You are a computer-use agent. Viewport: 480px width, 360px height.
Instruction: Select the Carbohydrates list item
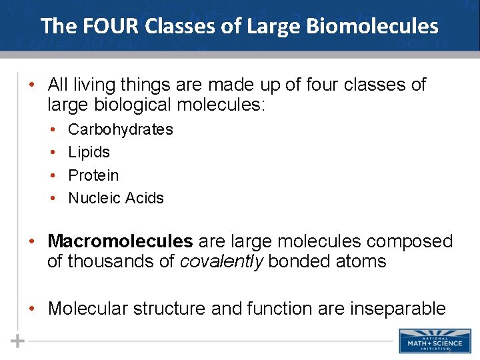coord(121,129)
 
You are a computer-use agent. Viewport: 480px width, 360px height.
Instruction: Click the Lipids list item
coord(89,152)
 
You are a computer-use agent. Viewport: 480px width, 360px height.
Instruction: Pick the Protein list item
coord(93,175)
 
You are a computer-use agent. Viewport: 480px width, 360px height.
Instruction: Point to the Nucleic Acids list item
coord(116,198)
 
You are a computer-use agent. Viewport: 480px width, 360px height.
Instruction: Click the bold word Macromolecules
coord(121,241)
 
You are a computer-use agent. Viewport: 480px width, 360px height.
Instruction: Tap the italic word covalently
coord(222,261)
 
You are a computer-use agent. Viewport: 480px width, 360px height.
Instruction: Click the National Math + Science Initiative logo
coord(430,341)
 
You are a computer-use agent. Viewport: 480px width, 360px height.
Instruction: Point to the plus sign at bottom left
coord(18,341)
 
